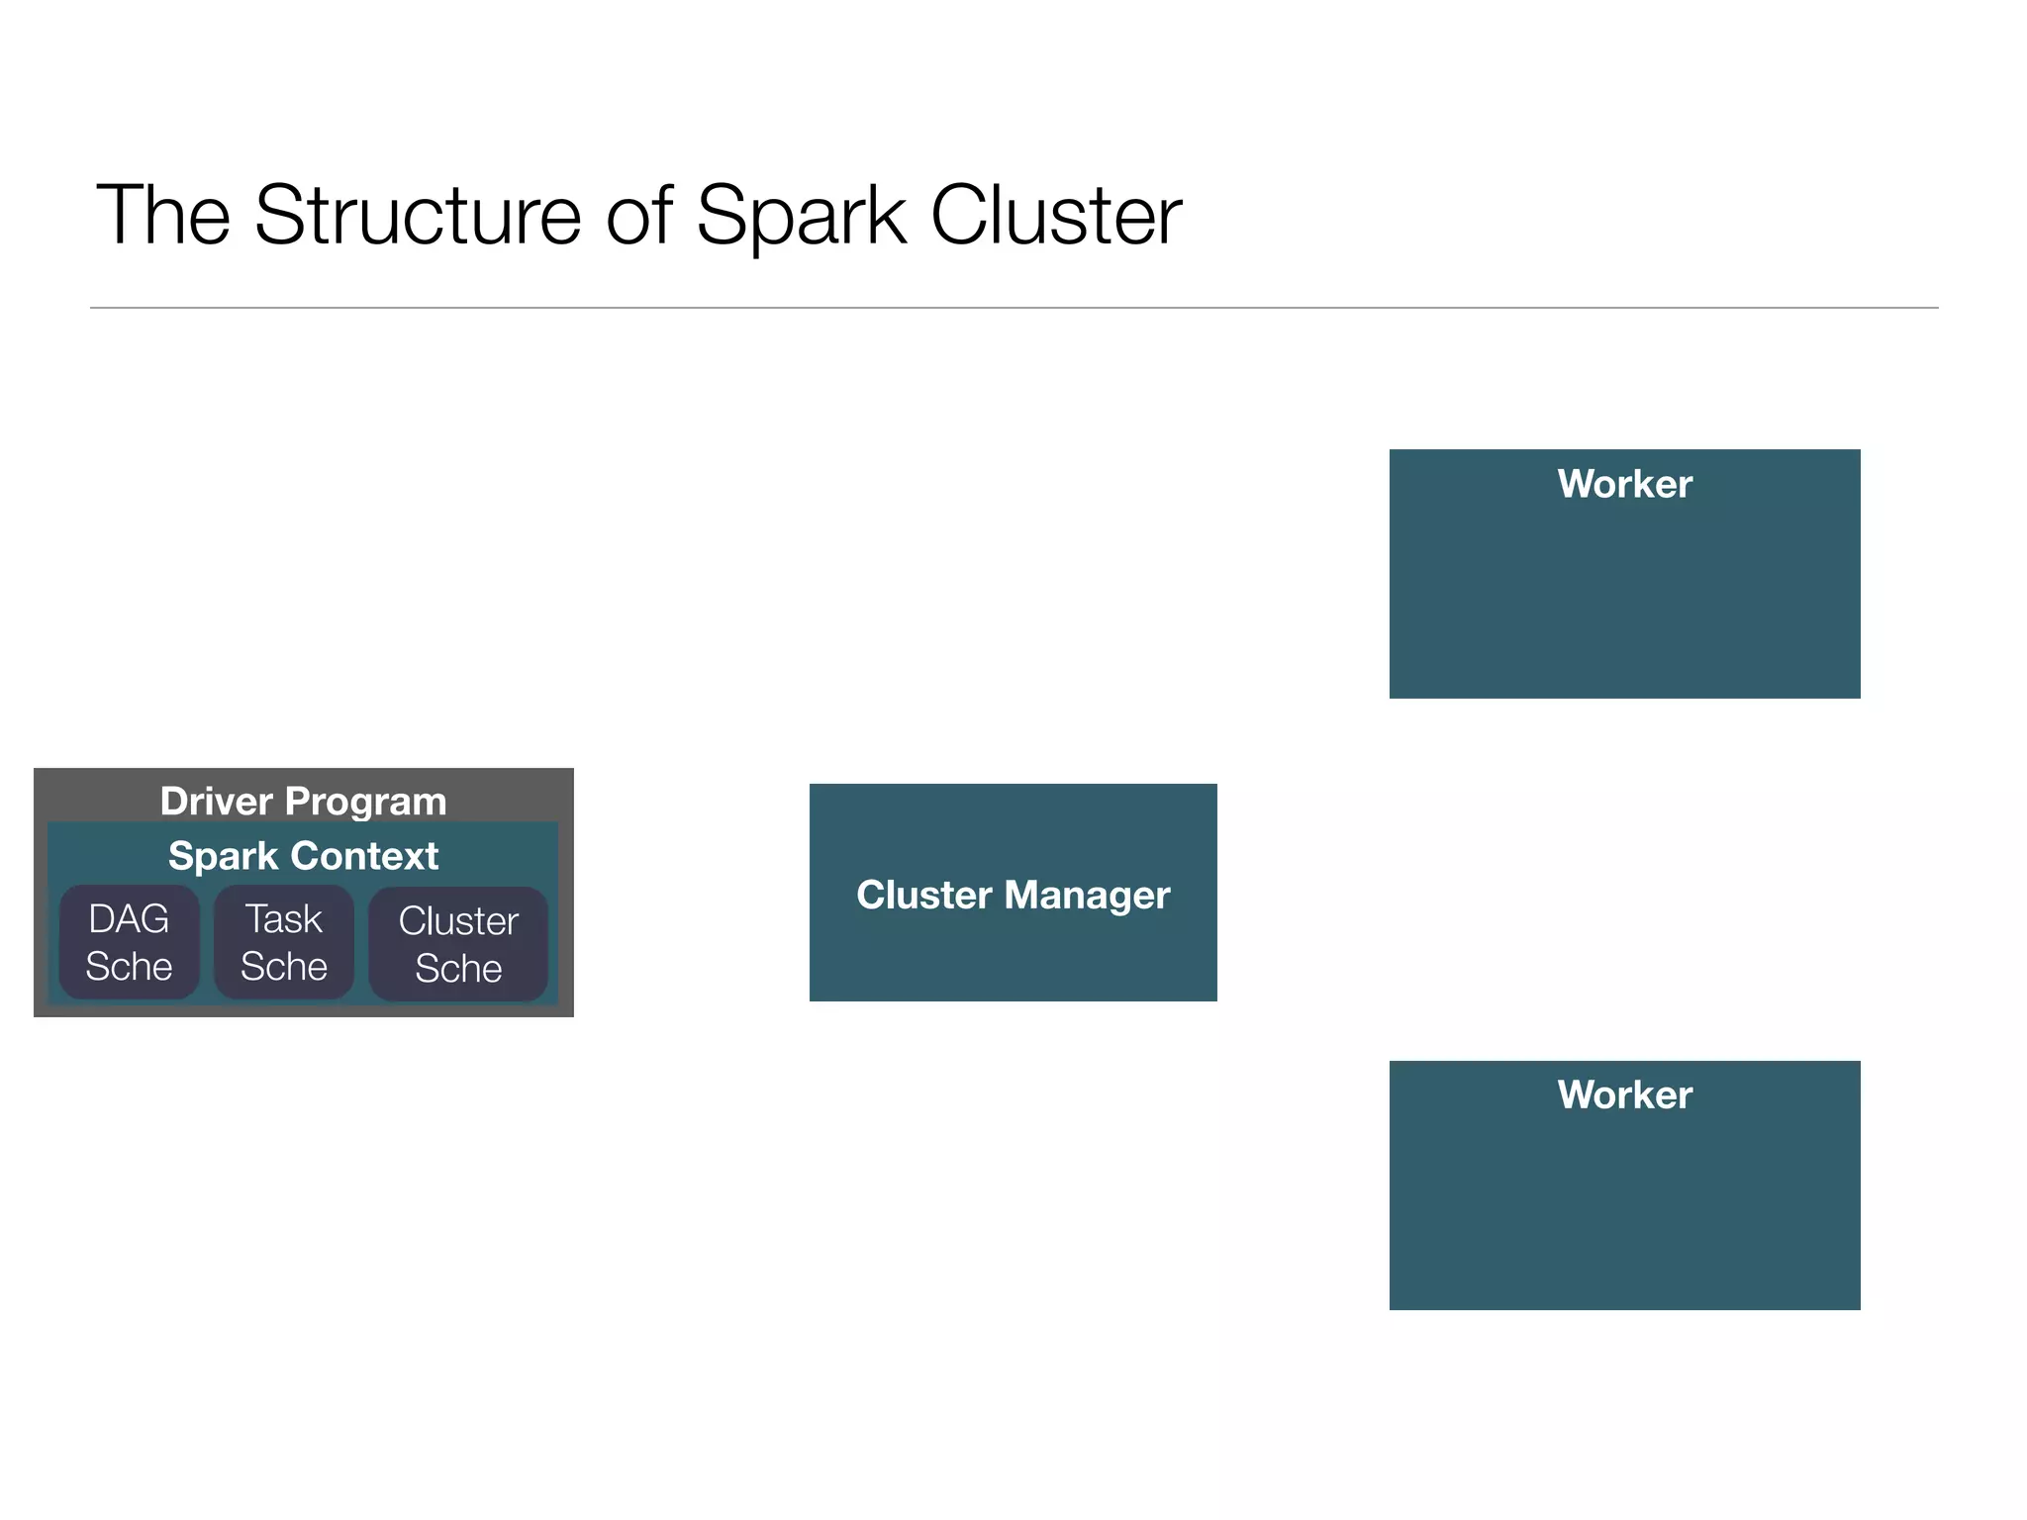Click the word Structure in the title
pyautogui.click(x=418, y=215)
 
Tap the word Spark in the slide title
pyautogui.click(x=801, y=215)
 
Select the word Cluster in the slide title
pyautogui.click(x=1055, y=215)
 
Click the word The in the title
pyautogui.click(x=163, y=215)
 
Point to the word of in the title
pyautogui.click(x=638, y=215)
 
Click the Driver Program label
pyautogui.click(x=303, y=801)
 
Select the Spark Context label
pyautogui.click(x=303, y=855)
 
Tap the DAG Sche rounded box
pyautogui.click(x=129, y=942)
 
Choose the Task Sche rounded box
pyautogui.click(x=284, y=942)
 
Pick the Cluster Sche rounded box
pyautogui.click(x=458, y=944)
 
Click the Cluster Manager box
pyautogui.click(x=1013, y=950)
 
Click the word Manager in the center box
pyautogui.click(x=1087, y=895)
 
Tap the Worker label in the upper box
pyautogui.click(x=1624, y=484)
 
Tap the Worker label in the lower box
pyautogui.click(x=1624, y=1094)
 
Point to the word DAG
pyautogui.click(x=129, y=919)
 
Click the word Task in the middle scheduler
pyautogui.click(x=284, y=919)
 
